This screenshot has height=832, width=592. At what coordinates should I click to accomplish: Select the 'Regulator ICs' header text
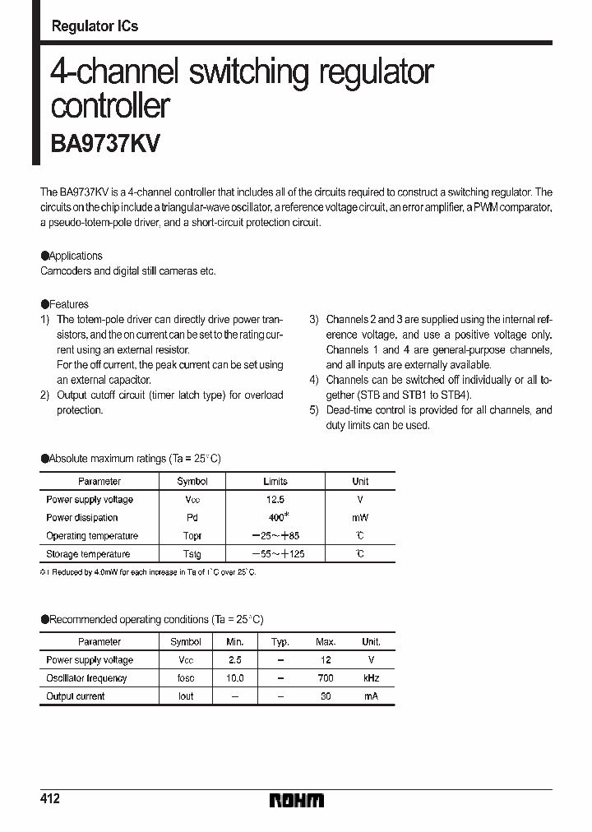click(95, 26)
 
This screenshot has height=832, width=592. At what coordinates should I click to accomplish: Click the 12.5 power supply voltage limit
click(275, 500)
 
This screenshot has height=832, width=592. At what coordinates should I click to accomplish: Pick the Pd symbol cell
click(192, 518)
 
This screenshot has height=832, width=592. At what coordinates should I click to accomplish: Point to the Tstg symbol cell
click(192, 554)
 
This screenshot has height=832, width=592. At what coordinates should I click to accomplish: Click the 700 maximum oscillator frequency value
click(326, 678)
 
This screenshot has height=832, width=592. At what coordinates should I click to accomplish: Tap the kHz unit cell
click(372, 678)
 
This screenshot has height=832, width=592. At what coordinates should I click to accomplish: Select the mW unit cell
click(360, 518)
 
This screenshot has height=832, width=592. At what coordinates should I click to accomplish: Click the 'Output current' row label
click(76, 696)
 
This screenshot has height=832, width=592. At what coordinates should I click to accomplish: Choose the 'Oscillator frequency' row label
click(86, 678)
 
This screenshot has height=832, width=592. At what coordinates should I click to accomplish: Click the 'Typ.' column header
click(280, 642)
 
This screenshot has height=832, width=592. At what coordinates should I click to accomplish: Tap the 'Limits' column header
click(275, 482)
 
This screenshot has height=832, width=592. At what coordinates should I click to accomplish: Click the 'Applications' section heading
click(76, 256)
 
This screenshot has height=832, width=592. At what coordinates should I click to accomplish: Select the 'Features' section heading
click(68, 304)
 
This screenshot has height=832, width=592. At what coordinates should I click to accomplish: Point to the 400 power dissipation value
click(275, 518)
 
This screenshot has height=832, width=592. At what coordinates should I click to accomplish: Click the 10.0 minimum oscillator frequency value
click(235, 678)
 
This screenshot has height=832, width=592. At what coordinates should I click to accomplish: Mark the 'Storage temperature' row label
click(88, 554)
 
